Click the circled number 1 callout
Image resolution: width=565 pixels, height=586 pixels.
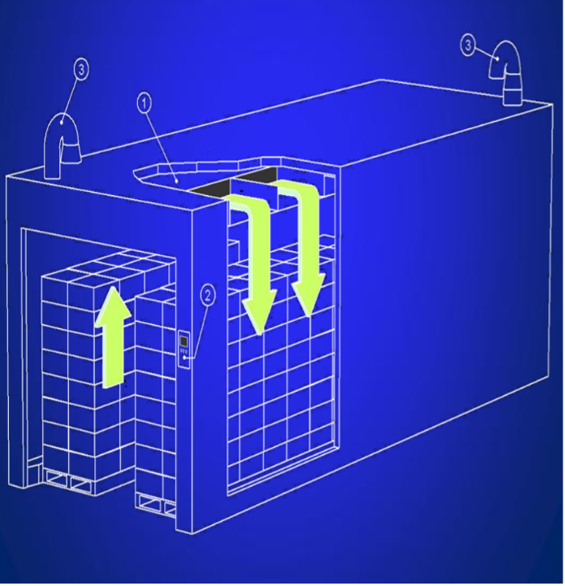tap(144, 102)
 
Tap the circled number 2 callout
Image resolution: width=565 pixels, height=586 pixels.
tap(208, 296)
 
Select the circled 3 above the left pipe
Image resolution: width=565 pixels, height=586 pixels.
tap(81, 70)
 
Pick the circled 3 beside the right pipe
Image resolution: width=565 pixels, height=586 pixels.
tap(468, 46)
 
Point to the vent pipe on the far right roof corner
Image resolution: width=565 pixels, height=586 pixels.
tap(506, 73)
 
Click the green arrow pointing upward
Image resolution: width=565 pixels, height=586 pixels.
tap(112, 336)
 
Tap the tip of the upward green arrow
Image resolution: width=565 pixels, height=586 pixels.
tap(113, 287)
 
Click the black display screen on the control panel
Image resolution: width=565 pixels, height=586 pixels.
tap(183, 341)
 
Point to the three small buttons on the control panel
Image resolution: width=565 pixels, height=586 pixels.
tap(183, 351)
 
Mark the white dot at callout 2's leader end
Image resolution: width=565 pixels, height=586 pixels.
tap(184, 358)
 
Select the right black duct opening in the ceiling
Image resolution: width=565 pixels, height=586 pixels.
tap(257, 175)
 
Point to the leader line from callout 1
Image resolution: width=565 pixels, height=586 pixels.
tap(161, 145)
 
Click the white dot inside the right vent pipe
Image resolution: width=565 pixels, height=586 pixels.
tap(498, 59)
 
